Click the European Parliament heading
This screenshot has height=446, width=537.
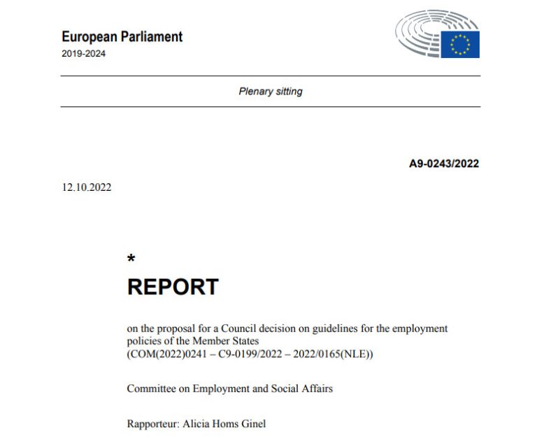122,37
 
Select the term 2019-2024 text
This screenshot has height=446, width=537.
84,54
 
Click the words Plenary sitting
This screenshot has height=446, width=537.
271,92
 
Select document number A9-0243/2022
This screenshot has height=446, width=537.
444,164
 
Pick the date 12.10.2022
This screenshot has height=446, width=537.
86,187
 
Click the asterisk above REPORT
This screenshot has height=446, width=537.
131,260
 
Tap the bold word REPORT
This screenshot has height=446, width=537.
173,287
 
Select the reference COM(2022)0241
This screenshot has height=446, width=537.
167,354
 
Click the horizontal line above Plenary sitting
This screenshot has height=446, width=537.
271,75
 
